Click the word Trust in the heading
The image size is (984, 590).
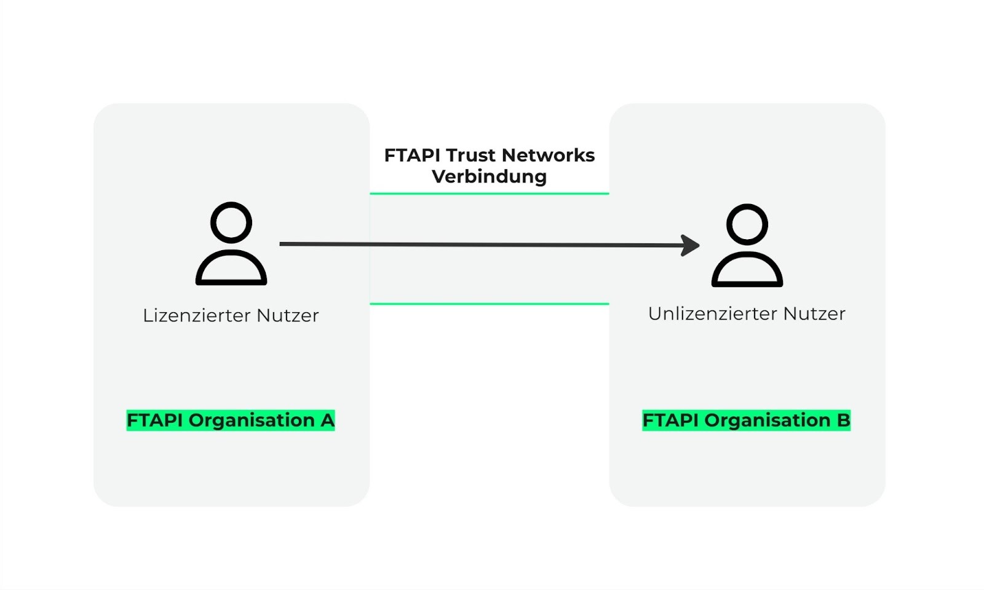tap(470, 155)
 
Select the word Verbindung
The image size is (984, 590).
tap(489, 177)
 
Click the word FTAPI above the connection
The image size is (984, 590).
tap(412, 155)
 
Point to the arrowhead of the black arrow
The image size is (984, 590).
tap(692, 245)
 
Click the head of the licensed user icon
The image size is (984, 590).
tap(231, 222)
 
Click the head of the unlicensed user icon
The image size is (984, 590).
tap(747, 224)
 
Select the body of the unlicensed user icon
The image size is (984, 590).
tap(747, 272)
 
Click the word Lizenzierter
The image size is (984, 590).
tap(197, 316)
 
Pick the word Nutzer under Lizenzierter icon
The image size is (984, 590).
tap(288, 316)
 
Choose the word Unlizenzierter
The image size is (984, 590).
tap(712, 314)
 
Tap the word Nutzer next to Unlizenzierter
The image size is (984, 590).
tap(814, 314)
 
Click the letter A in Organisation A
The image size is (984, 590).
tap(327, 420)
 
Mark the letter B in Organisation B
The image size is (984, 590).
tap(843, 420)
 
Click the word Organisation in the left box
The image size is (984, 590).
tap(252, 420)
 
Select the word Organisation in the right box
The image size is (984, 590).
tap(768, 420)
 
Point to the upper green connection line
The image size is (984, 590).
tap(489, 194)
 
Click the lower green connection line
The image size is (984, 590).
tap(489, 304)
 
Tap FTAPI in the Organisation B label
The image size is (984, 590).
tap(670, 420)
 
